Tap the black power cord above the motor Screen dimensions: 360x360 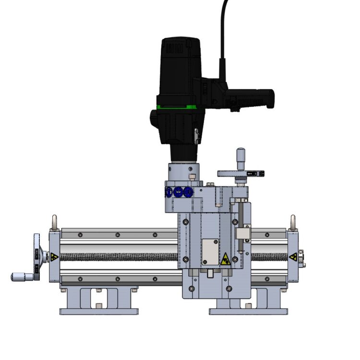click(x=224, y=29)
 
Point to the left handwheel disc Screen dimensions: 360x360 click(x=38, y=257)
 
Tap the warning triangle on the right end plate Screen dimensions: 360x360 click(x=292, y=257)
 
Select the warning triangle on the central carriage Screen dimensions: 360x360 click(x=225, y=259)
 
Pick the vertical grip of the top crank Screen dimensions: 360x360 click(x=240, y=157)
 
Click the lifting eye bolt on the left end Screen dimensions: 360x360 click(x=54, y=222)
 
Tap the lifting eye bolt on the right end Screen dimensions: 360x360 click(x=293, y=222)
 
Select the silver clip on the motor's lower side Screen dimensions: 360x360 click(x=196, y=136)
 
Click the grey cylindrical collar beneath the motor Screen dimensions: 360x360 click(x=182, y=172)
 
